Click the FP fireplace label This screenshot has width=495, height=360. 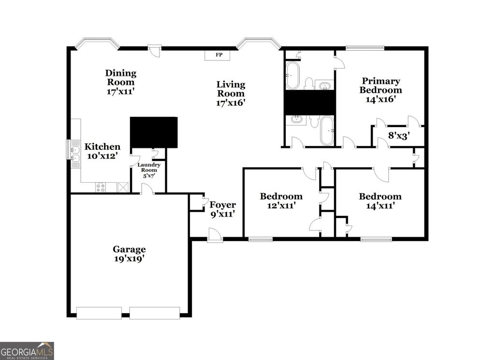219,55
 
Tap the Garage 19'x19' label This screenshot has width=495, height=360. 129,254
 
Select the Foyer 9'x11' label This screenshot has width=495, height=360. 222,209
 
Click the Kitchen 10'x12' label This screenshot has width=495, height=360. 102,151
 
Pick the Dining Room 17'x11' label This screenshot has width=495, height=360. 121,82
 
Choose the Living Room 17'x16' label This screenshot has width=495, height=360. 231,93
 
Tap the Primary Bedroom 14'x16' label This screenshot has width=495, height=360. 381,90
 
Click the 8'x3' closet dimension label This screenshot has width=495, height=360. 399,136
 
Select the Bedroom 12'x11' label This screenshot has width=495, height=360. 281,201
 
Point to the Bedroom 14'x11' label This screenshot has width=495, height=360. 380,201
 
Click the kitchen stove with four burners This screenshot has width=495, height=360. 102,187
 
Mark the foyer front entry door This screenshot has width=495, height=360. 214,236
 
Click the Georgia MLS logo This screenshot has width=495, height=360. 27,350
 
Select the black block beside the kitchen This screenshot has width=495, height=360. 154,132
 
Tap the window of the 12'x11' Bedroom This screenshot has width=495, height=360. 261,239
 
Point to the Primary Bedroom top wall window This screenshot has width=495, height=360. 365,47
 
